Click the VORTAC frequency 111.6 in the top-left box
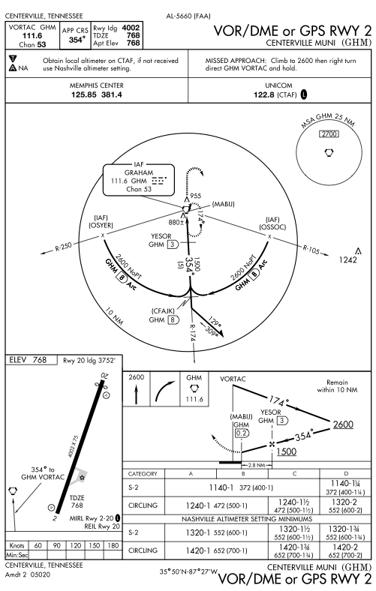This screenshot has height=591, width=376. click(32, 36)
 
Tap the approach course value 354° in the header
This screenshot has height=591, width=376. click(77, 40)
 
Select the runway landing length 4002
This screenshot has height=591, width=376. click(131, 28)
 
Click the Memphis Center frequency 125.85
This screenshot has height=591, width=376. click(84, 94)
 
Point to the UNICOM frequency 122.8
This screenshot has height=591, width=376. click(263, 94)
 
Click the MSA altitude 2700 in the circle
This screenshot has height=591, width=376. click(329, 133)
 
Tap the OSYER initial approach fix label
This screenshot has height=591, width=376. click(101, 226)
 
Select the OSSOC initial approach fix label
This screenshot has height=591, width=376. click(272, 227)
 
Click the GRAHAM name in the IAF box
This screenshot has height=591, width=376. click(139, 172)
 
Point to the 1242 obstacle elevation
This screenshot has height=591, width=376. click(347, 259)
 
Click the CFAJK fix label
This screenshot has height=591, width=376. click(163, 311)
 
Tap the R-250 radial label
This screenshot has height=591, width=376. click(63, 247)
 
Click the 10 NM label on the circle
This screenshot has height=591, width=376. click(114, 316)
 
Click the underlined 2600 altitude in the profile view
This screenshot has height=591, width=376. click(343, 424)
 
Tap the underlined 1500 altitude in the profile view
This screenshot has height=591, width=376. click(287, 451)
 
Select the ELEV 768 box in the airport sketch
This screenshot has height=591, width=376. click(32, 360)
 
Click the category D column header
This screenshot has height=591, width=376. click(346, 474)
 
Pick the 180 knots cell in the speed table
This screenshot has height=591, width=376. click(113, 545)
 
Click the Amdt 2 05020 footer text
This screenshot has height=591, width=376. click(28, 574)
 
